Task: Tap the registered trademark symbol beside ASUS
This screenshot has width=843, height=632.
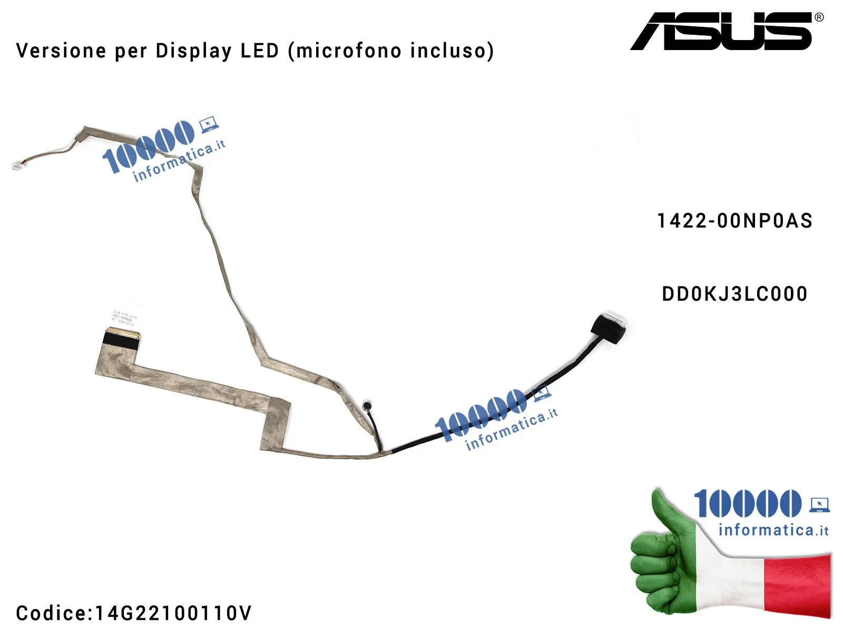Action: coord(819,17)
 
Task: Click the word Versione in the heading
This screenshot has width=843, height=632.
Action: coord(61,51)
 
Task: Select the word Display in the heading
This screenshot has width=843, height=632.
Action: coord(193,51)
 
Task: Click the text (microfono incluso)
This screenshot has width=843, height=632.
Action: coord(391,51)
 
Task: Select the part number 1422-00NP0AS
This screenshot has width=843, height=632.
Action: coord(734,221)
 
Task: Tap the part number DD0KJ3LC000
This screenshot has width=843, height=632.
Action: coord(734,294)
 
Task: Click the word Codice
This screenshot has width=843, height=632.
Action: coord(52,613)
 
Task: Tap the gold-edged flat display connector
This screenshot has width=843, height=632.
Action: coord(122,334)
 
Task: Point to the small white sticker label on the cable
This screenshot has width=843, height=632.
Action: coord(125,318)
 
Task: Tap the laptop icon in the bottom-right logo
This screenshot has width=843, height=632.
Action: coord(820,505)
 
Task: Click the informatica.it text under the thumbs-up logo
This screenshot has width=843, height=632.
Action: coord(773,530)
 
